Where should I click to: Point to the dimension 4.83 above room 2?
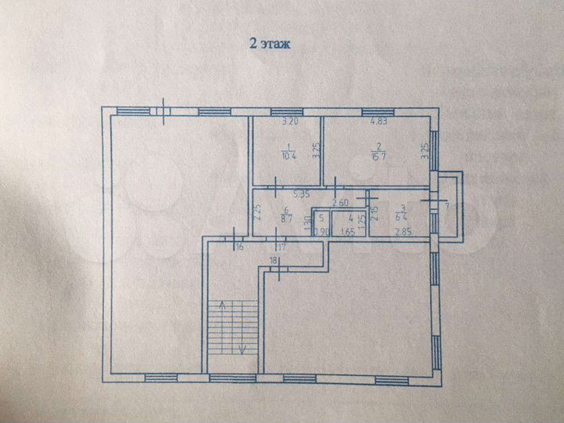point(379,122)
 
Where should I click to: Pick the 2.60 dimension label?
point(342,204)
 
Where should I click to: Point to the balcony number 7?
point(446,206)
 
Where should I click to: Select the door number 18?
point(273,259)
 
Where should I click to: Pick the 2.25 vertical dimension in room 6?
point(258,211)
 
